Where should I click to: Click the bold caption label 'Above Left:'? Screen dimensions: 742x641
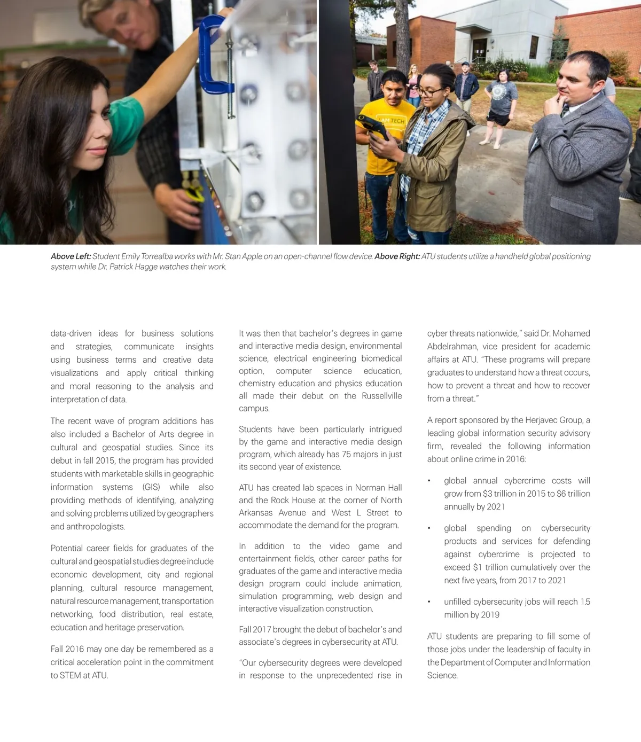(x=71, y=256)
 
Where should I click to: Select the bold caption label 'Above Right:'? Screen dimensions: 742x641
(x=397, y=256)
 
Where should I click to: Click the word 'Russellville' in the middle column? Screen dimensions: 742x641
(x=381, y=396)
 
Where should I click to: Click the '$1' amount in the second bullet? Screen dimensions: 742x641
(x=479, y=567)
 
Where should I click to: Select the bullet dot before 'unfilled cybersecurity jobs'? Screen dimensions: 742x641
(x=429, y=602)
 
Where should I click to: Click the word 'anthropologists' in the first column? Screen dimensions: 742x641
(x=94, y=527)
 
